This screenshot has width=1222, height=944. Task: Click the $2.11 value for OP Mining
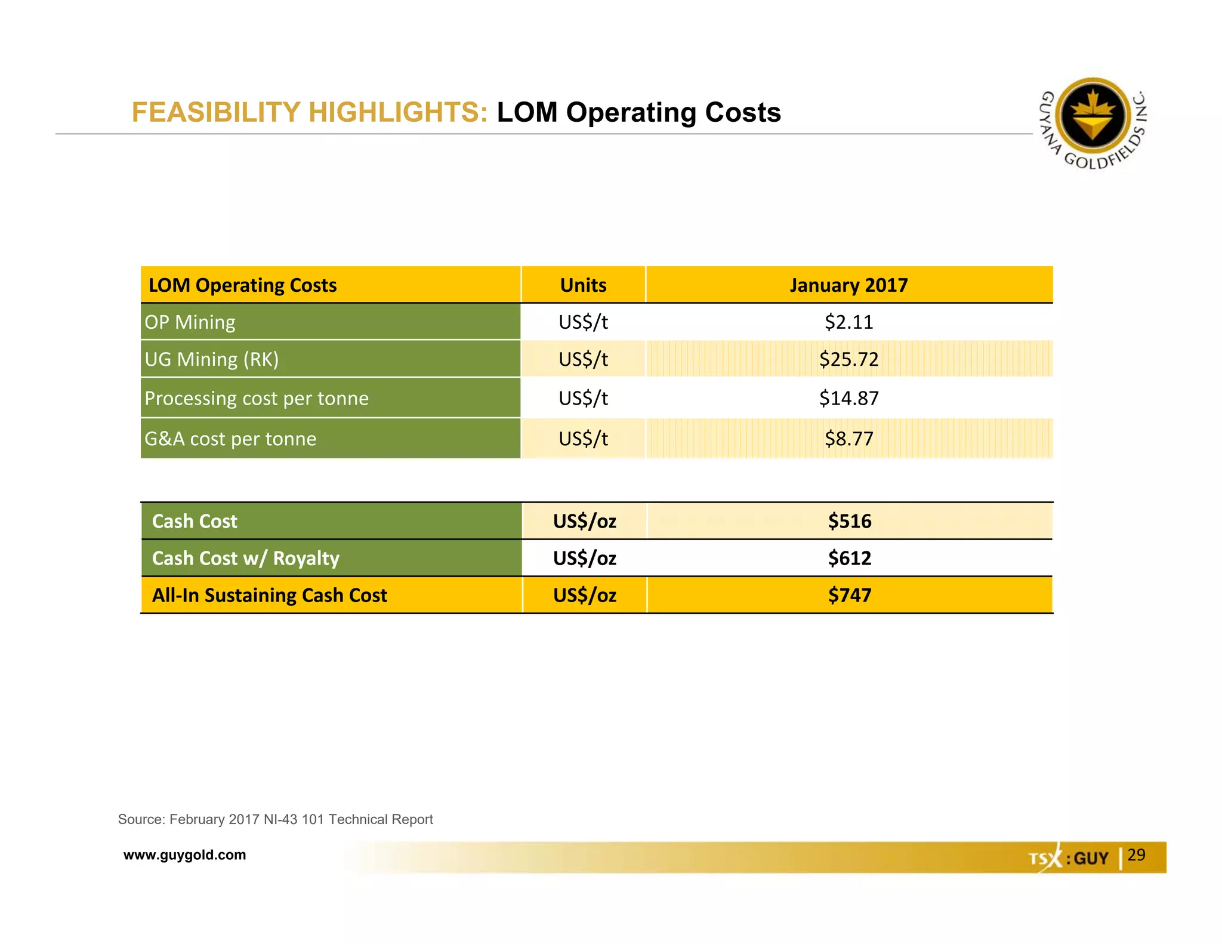(848, 322)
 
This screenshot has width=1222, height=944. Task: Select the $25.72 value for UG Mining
(848, 359)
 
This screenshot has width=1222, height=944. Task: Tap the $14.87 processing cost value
(848, 398)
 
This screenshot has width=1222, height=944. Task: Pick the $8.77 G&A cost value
(848, 439)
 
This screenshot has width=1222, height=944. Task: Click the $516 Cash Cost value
(849, 521)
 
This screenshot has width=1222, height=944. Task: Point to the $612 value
(849, 558)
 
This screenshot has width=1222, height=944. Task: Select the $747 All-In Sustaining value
(849, 595)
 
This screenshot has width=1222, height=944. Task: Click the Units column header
(583, 285)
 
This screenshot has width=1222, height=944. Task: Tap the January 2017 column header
(848, 285)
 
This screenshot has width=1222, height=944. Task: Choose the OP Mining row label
(190, 322)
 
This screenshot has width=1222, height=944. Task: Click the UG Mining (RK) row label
(211, 359)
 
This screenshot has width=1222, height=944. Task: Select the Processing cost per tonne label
(257, 398)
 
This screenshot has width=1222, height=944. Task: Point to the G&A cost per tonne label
(230, 439)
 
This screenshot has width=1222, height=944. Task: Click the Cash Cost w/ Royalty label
(245, 558)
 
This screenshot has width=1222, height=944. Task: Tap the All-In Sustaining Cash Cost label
(269, 595)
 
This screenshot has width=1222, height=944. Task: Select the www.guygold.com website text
(184, 854)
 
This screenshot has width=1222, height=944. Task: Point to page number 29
(1136, 854)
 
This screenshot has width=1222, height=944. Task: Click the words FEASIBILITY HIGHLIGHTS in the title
(310, 112)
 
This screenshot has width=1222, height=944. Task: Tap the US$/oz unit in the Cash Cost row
(584, 521)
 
